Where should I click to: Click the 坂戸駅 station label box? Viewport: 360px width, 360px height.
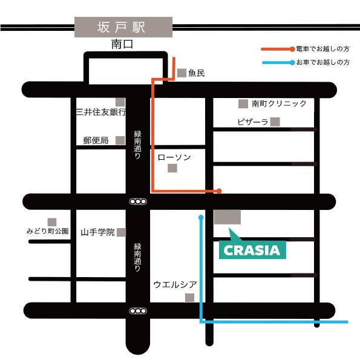(x=123, y=27)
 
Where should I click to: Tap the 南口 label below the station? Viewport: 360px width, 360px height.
(x=122, y=44)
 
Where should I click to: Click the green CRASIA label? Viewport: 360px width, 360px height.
(x=252, y=250)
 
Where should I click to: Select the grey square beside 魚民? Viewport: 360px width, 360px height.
(x=182, y=73)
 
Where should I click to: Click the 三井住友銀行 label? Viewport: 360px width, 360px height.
(x=101, y=112)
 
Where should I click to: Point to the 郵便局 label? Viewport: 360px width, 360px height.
(x=96, y=140)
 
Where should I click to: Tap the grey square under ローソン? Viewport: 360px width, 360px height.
(x=172, y=168)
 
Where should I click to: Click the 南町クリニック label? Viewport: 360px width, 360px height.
(x=279, y=103)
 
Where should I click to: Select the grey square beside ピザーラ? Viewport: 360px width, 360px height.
(x=275, y=122)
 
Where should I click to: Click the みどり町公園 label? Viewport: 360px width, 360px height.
(x=48, y=231)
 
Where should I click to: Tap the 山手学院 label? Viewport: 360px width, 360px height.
(x=97, y=232)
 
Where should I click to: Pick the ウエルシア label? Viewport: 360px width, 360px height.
(x=175, y=284)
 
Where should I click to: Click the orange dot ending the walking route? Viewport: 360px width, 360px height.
(x=219, y=191)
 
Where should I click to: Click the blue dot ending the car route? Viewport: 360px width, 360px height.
(x=201, y=217)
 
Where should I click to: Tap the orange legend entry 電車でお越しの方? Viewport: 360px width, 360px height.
(x=306, y=49)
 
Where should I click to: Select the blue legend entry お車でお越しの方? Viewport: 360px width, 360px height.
(x=306, y=62)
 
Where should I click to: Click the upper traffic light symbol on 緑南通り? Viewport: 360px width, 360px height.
(x=138, y=201)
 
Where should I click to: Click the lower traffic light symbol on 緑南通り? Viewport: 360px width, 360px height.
(x=138, y=311)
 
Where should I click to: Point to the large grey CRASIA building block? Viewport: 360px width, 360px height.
(x=227, y=217)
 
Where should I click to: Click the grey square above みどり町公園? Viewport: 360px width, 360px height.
(x=52, y=222)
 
